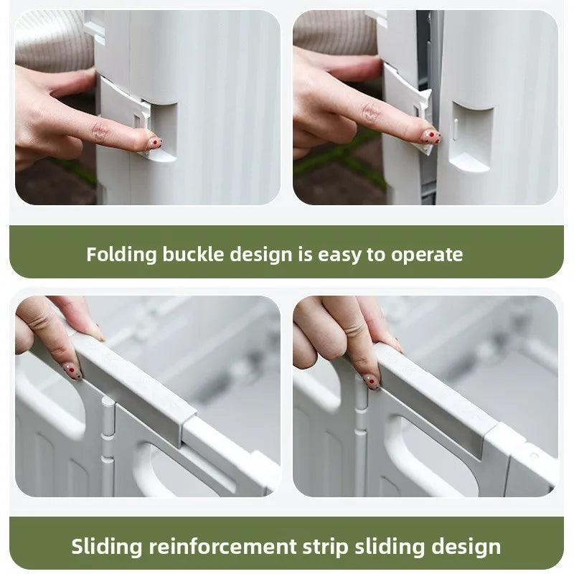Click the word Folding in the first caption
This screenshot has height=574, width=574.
coord(121,255)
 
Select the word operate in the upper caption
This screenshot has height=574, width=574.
coord(427,255)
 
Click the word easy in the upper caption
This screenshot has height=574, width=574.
coord(339,255)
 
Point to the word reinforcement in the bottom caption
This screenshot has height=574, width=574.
coord(222,547)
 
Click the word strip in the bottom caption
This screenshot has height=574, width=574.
coord(326,547)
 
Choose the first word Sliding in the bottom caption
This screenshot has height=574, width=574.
coord(106,547)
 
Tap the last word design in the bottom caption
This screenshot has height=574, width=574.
coord(466,547)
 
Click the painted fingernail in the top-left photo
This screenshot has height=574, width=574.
coord(155,143)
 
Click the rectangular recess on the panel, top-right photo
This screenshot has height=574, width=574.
coord(472,137)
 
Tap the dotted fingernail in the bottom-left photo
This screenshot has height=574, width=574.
coord(74,372)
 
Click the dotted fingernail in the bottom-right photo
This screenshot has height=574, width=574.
coord(372,382)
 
